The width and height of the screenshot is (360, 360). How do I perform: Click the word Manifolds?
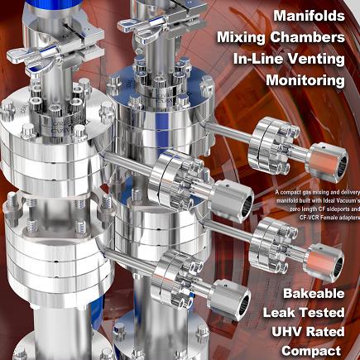point(309,16)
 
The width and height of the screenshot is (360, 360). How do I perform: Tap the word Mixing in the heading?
point(241,37)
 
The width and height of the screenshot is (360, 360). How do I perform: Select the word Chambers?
point(307,37)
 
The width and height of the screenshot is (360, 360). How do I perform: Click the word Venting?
point(315,59)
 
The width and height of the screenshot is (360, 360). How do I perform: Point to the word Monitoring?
point(305,80)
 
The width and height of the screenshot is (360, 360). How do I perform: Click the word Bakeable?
point(314,293)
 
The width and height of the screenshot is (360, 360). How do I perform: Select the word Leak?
point(279,313)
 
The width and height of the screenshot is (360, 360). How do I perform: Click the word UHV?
point(285,332)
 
